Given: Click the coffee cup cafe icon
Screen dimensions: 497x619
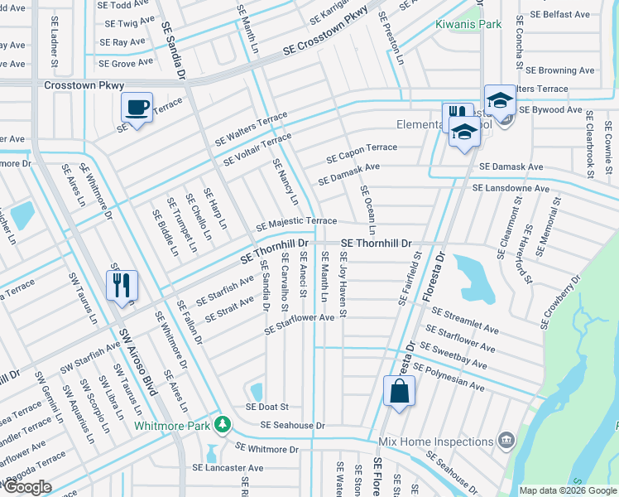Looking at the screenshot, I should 137,106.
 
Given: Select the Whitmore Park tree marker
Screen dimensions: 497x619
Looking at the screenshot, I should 222,425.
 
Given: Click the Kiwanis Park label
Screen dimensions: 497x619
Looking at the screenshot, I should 468,24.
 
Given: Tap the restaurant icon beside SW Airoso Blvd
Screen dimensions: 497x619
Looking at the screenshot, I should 122,284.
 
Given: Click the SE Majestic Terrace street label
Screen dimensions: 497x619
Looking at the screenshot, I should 295,223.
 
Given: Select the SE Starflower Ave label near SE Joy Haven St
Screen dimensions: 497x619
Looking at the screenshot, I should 299,324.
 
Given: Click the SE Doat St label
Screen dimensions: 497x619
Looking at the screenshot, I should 266,407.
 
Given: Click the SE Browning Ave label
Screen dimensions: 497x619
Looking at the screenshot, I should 560,71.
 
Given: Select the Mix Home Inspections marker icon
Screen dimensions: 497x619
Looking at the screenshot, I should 506,440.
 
